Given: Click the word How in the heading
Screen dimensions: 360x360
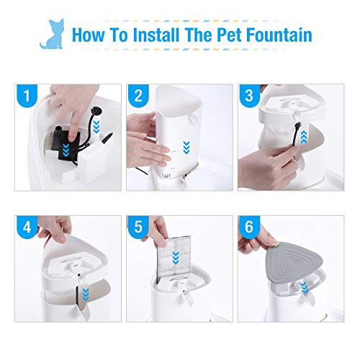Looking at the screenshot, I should pyautogui.click(x=91, y=35).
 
